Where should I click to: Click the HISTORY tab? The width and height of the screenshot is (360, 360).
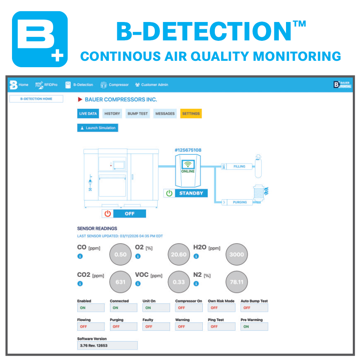pyautogui.click(x=112, y=114)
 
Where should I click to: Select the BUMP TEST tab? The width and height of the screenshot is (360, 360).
pyautogui.click(x=138, y=114)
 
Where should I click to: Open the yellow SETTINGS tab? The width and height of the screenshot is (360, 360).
pyautogui.click(x=191, y=114)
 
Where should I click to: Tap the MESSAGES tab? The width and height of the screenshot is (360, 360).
pyautogui.click(x=165, y=114)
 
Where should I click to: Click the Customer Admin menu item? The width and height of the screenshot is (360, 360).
pyautogui.click(x=152, y=85)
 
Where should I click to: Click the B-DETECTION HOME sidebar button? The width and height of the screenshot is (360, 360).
pyautogui.click(x=36, y=99)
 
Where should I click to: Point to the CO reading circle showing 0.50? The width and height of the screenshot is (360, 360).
pyautogui.click(x=120, y=254)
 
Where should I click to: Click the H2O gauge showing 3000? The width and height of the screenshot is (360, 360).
pyautogui.click(x=236, y=254)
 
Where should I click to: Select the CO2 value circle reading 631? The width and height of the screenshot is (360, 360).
pyautogui.click(x=120, y=282)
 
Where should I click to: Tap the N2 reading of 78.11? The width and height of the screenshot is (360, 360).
pyautogui.click(x=236, y=282)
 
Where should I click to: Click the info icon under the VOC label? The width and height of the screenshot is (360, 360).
pyautogui.click(x=138, y=284)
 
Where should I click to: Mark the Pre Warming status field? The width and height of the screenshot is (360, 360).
pyautogui.click(x=254, y=326)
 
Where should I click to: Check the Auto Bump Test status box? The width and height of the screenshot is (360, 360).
pyautogui.click(x=254, y=308)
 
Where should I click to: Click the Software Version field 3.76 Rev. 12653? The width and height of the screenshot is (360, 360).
pyautogui.click(x=107, y=345)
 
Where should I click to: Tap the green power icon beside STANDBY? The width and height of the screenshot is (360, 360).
pyautogui.click(x=169, y=193)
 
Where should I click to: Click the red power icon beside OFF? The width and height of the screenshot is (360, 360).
pyautogui.click(x=108, y=214)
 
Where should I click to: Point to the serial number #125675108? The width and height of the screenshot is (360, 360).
pyautogui.click(x=188, y=150)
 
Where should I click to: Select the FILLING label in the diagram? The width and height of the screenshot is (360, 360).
pyautogui.click(x=239, y=166)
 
